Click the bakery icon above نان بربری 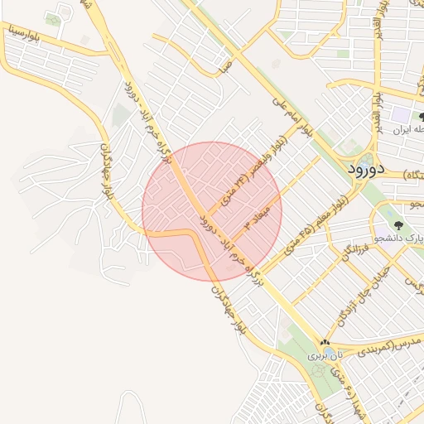pos(325,342)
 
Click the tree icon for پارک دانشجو pos(399,224)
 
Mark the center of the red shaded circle pos(212,211)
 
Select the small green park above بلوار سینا pos(55,18)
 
